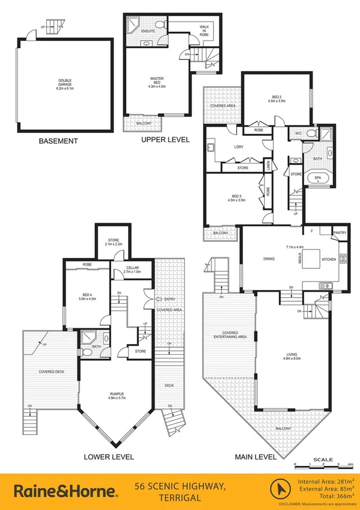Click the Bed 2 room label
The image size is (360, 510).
pos(276,99)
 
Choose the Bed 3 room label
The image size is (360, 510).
pos(236,198)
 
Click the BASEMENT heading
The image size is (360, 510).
pos(58,141)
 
